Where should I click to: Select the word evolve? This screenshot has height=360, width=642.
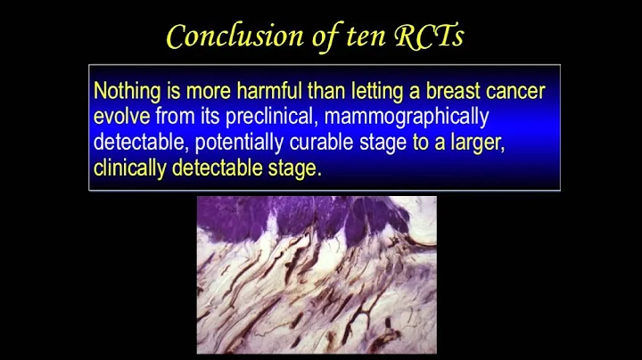pos(121,117)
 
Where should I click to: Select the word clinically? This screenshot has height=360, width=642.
pos(129,168)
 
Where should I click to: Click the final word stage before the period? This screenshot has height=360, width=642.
pos(293,168)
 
